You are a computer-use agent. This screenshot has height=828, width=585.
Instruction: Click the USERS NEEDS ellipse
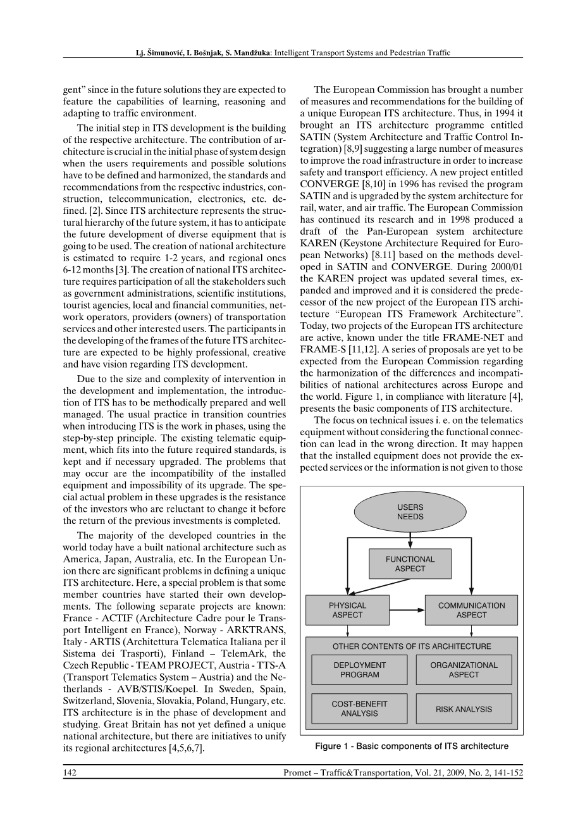(x=410, y=512)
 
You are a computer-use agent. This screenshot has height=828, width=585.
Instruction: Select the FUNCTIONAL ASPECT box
(x=410, y=564)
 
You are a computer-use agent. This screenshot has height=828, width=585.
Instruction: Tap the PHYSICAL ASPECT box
(x=347, y=610)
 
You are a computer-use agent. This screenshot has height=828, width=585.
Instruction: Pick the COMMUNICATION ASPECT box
(x=471, y=610)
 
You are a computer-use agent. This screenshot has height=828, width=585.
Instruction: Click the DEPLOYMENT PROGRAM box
(x=359, y=670)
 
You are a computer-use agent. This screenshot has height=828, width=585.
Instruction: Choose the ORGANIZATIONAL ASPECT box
(x=464, y=670)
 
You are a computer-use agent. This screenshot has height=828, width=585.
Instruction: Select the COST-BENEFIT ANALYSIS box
(x=359, y=708)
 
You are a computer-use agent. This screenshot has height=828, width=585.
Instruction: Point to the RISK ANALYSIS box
(x=464, y=709)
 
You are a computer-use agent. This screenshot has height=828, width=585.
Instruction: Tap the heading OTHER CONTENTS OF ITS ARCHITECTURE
(x=412, y=646)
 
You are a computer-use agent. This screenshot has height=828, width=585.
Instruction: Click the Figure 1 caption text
(x=412, y=746)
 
